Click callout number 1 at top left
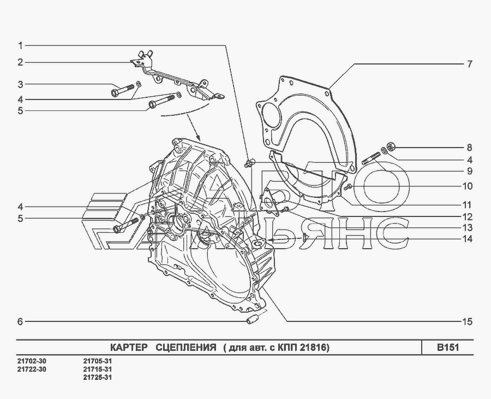pos(20,46)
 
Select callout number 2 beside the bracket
pos(20,62)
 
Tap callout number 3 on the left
pos(20,84)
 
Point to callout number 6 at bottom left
pos(20,321)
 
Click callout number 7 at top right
pos(469,64)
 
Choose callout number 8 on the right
pos(469,148)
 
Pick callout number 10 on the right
pos(467,186)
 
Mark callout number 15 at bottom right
pos(467,321)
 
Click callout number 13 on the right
pos(467,228)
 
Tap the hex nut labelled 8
pos(391,146)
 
